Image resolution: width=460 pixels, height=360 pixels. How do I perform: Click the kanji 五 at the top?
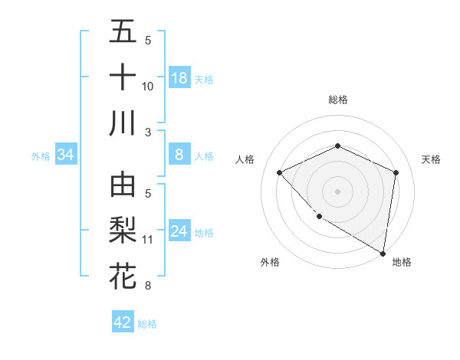click(x=123, y=31)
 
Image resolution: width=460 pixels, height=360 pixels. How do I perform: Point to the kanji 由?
click(x=123, y=185)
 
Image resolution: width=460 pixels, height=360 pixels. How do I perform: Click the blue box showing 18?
click(x=179, y=78)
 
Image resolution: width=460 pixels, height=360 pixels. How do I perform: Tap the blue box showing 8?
click(x=179, y=155)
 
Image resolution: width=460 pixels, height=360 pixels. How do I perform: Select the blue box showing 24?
click(x=179, y=231)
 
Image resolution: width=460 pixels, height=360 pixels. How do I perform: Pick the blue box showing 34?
click(x=66, y=155)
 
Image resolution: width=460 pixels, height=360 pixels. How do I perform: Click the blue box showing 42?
click(x=123, y=322)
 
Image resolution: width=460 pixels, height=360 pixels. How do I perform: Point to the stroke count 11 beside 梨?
click(x=147, y=240)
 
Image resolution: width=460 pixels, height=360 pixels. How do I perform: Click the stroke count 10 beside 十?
click(x=147, y=87)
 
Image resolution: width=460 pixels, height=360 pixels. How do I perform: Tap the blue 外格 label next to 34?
click(x=41, y=156)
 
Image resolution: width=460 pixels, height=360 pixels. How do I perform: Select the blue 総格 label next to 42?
click(x=147, y=324)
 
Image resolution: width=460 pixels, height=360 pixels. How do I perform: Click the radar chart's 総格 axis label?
click(x=337, y=100)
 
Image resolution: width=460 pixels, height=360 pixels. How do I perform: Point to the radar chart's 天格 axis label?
click(x=431, y=159)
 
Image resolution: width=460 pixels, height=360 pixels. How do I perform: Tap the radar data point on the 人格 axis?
click(x=280, y=172)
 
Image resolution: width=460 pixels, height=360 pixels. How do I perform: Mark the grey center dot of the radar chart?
click(x=337, y=191)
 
